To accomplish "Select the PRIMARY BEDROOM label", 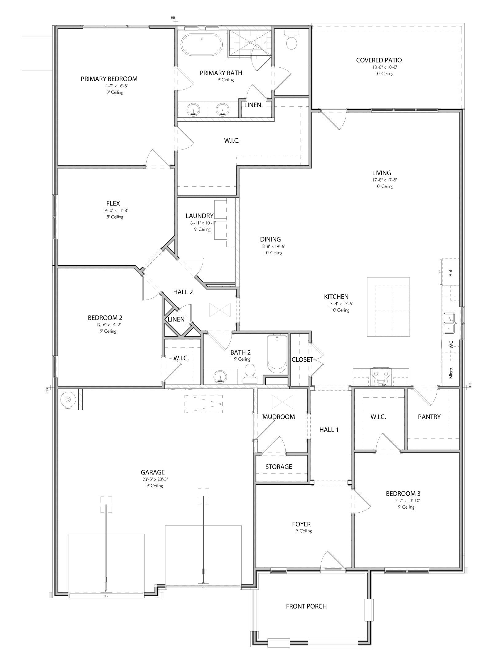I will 109,79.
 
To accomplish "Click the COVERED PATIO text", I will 379,60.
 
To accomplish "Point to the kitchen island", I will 388,307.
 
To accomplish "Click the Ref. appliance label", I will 451,272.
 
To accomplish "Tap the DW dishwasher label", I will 451,344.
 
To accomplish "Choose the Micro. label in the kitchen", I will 451,372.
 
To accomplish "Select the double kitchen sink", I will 450,323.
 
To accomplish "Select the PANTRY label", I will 429,417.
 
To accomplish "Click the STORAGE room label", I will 279,467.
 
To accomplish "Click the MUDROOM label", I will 279,417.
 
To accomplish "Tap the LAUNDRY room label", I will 199,216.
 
